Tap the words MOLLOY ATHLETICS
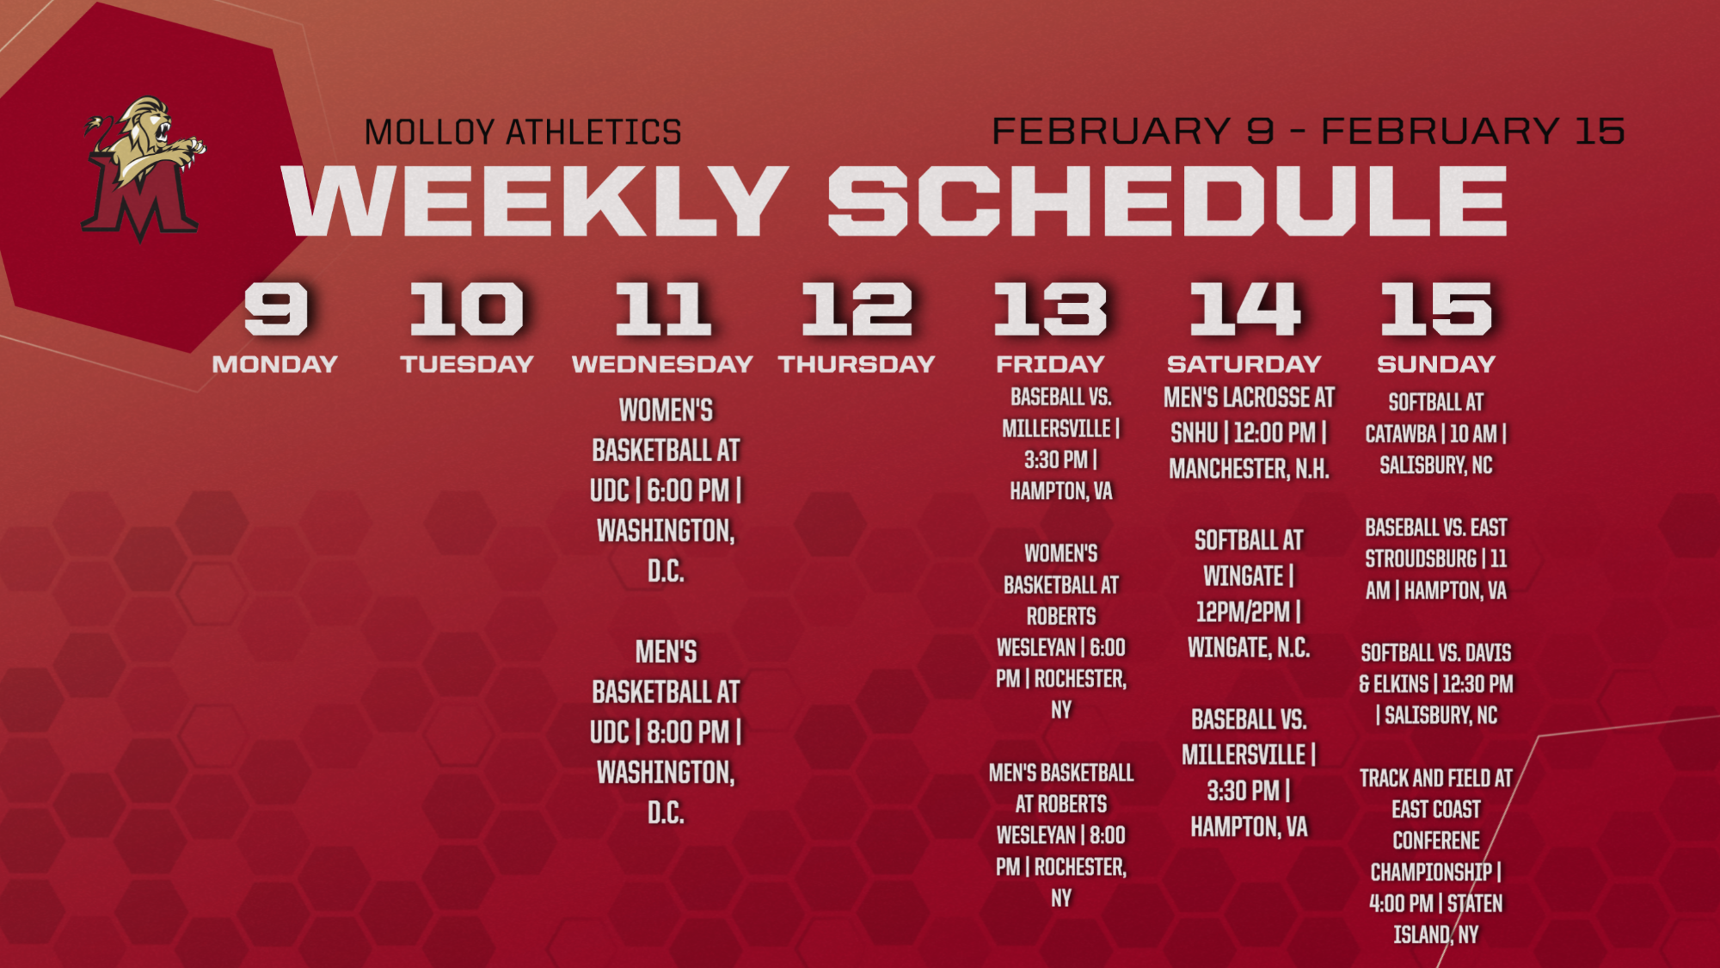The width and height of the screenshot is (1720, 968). tap(523, 133)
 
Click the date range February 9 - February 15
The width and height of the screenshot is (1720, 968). tap(1308, 131)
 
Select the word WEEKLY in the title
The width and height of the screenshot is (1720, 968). tap(534, 200)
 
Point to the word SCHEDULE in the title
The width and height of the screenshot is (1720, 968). tap(1167, 200)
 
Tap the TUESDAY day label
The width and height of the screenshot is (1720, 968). tap(467, 364)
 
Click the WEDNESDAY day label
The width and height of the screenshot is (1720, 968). tap(662, 364)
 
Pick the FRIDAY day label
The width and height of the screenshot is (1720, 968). tap(1050, 364)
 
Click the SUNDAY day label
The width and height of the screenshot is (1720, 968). tap(1436, 364)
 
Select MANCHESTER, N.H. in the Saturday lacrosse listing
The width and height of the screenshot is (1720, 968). tap(1249, 469)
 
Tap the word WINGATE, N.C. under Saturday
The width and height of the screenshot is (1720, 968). tap(1249, 648)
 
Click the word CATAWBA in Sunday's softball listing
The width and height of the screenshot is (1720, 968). tap(1401, 434)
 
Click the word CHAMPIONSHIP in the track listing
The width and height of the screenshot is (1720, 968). tap(1431, 872)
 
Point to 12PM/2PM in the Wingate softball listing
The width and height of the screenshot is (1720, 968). tap(1243, 612)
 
